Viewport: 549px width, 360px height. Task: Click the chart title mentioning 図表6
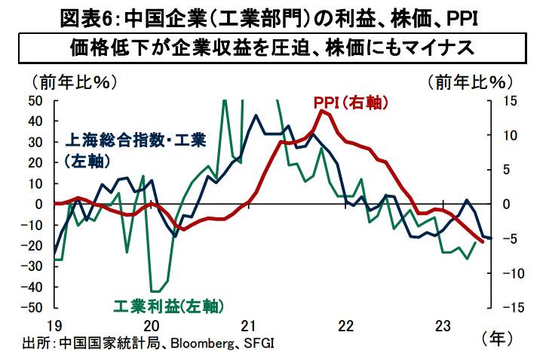(274, 14)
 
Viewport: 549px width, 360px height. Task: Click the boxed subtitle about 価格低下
(274, 48)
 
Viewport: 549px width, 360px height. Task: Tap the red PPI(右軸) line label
(351, 103)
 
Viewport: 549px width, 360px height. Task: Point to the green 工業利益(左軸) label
(168, 306)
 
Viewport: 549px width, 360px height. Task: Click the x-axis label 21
(249, 325)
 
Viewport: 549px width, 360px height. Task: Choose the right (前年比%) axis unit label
(469, 80)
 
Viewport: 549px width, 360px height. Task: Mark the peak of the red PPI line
(323, 110)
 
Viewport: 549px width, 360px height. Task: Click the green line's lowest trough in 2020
(155, 291)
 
